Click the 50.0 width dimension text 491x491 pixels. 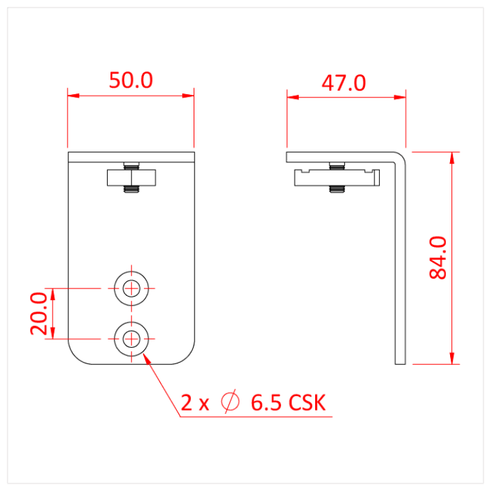click(131, 80)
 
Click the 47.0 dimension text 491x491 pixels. click(344, 83)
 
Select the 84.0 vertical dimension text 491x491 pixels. click(437, 257)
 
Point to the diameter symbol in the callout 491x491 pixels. click(230, 402)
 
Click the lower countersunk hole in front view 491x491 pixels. click(132, 338)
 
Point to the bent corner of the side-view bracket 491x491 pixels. click(402, 158)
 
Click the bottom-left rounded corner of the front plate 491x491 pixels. click(76, 356)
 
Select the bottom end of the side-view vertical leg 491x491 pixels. click(401, 362)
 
